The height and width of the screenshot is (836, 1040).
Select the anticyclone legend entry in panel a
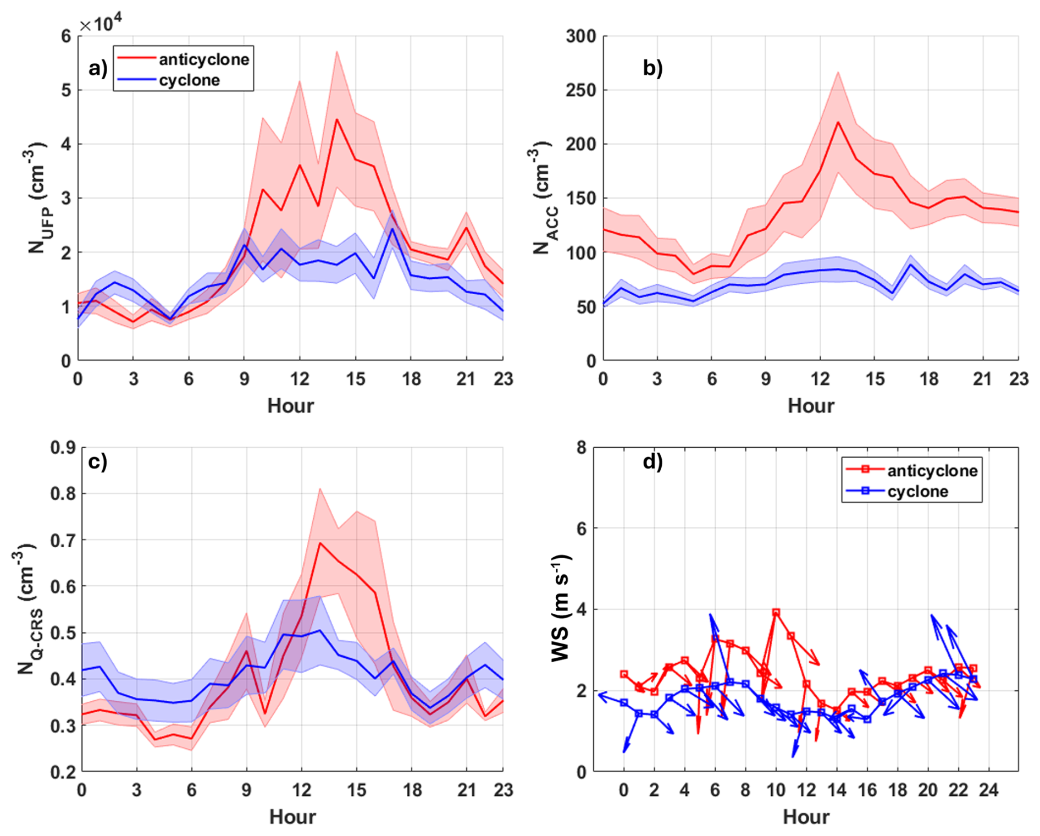click(x=203, y=59)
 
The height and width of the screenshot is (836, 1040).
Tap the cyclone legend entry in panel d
click(x=917, y=491)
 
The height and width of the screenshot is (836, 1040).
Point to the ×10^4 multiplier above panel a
click(x=100, y=24)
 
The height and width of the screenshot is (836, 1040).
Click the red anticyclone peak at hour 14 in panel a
click(x=336, y=119)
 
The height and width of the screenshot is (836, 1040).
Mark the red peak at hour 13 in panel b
click(x=838, y=122)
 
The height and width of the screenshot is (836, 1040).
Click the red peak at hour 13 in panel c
click(x=319, y=543)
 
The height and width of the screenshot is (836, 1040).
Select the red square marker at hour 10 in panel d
click(x=776, y=613)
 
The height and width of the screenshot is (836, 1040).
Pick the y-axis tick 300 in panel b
click(x=580, y=36)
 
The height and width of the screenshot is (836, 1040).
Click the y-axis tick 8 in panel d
click(x=581, y=448)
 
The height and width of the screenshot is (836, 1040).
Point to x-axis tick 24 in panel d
click(x=988, y=790)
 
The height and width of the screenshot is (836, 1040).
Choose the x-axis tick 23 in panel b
click(x=1018, y=379)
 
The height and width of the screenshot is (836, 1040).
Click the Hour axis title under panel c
click(x=292, y=817)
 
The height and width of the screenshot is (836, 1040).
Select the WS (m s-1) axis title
click(x=561, y=608)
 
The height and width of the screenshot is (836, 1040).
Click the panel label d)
click(x=652, y=462)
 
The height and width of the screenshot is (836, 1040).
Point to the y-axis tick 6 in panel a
click(x=66, y=36)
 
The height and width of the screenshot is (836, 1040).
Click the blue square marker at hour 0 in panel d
click(x=623, y=703)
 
